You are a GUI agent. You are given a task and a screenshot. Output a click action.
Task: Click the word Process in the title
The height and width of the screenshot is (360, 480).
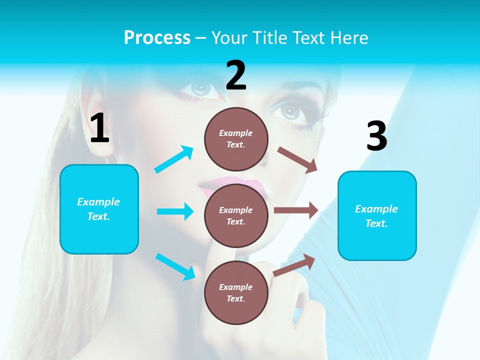pyautogui.click(x=157, y=37)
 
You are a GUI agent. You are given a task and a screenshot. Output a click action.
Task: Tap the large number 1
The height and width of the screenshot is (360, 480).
pyautogui.click(x=99, y=128)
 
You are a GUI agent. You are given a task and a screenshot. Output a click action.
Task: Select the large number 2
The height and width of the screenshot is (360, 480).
pyautogui.click(x=236, y=75)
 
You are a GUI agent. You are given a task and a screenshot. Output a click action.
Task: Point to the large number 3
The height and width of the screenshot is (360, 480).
pyautogui.click(x=376, y=136)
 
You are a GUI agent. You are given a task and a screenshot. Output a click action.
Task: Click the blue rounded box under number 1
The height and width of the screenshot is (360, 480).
pyautogui.click(x=99, y=209)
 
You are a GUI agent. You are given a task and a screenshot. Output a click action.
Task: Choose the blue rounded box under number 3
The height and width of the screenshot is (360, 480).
pyautogui.click(x=377, y=215)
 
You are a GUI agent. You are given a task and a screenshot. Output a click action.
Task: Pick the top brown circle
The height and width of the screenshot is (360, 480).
pyautogui.click(x=236, y=139)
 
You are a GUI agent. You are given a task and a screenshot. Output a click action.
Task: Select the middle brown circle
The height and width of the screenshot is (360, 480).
pyautogui.click(x=236, y=215)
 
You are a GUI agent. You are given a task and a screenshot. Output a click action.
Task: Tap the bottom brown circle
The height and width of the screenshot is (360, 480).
pyautogui.click(x=236, y=292)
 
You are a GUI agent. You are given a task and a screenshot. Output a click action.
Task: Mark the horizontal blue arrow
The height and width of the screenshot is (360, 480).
pyautogui.click(x=175, y=211)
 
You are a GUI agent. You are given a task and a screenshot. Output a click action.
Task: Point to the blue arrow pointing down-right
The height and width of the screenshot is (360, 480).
pyautogui.click(x=175, y=266)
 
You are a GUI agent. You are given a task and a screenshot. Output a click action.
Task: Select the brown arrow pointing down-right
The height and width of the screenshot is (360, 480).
pyautogui.click(x=297, y=159)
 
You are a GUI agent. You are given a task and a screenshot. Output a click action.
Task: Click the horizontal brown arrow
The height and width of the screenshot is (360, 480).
pyautogui.click(x=296, y=210)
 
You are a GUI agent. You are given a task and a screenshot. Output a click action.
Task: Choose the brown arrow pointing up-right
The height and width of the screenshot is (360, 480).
pyautogui.click(x=294, y=265)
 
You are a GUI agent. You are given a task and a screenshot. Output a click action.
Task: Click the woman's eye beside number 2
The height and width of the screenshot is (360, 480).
pyautogui.click(x=201, y=89)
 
